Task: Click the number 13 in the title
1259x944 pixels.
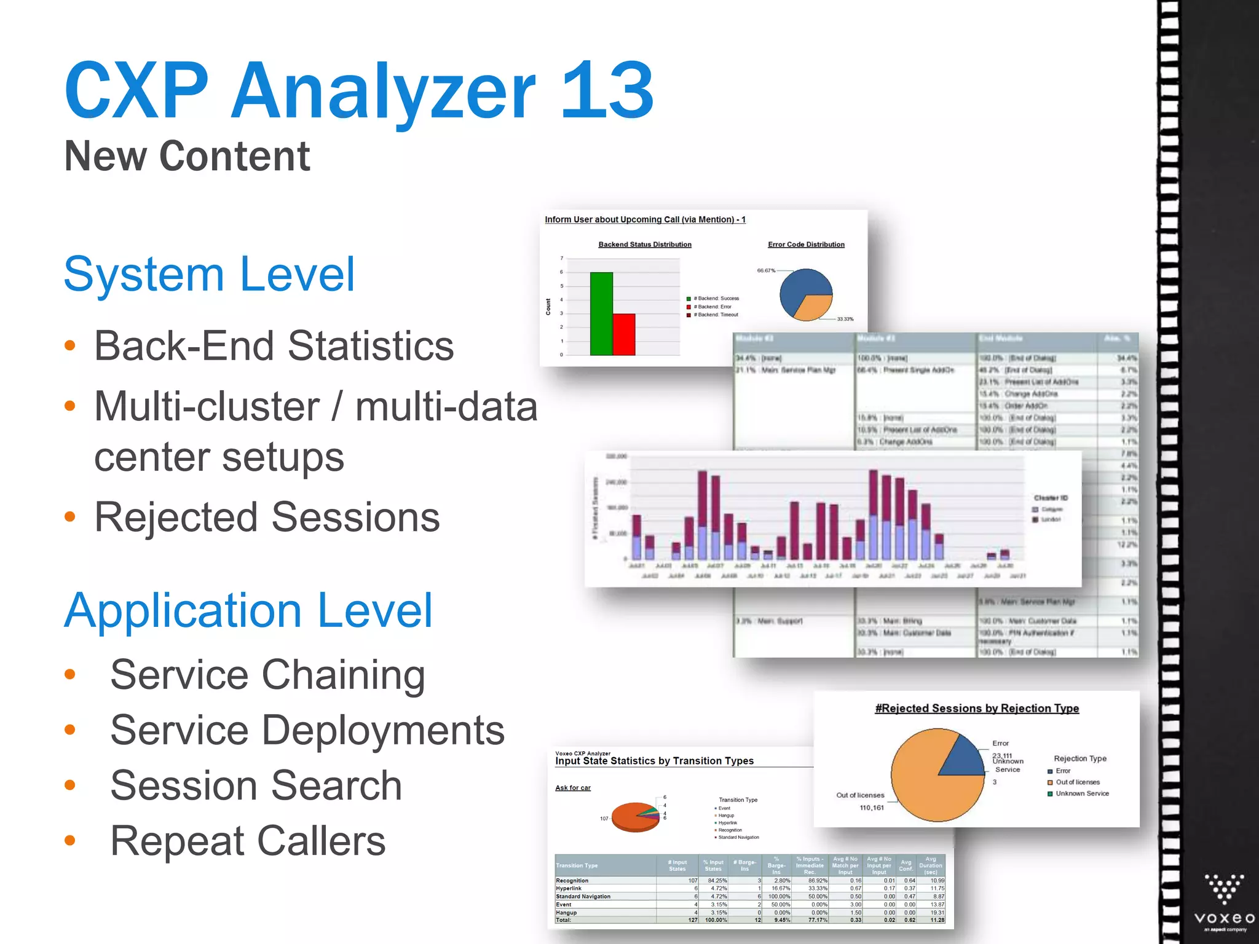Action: [607, 91]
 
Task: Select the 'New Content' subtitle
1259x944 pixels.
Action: [187, 156]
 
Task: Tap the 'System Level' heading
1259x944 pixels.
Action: [209, 274]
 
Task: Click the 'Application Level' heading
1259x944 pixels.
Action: [248, 610]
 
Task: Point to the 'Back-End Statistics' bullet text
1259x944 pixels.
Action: [274, 345]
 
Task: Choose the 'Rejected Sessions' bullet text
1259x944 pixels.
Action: [267, 517]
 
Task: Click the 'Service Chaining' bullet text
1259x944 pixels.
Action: [267, 674]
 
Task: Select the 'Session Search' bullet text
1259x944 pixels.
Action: [256, 785]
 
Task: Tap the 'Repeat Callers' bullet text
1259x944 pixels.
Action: [248, 841]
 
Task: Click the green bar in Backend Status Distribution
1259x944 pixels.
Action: [601, 313]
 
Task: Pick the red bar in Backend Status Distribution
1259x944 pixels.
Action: [624, 334]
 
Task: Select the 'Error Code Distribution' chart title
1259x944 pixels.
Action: [806, 245]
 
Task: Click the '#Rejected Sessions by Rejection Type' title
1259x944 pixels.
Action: [977, 709]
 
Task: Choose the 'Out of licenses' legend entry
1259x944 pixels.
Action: [1077, 782]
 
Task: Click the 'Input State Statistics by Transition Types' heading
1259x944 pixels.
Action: [654, 761]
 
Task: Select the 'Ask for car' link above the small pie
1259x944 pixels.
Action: [572, 788]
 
